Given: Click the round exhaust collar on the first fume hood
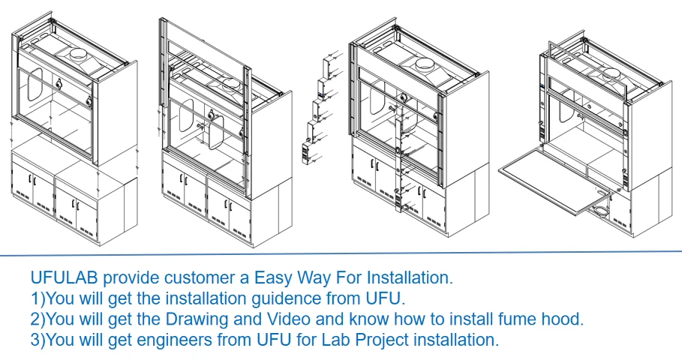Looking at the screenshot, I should coord(77,54).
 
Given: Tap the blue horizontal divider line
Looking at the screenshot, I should coord(341,253).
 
